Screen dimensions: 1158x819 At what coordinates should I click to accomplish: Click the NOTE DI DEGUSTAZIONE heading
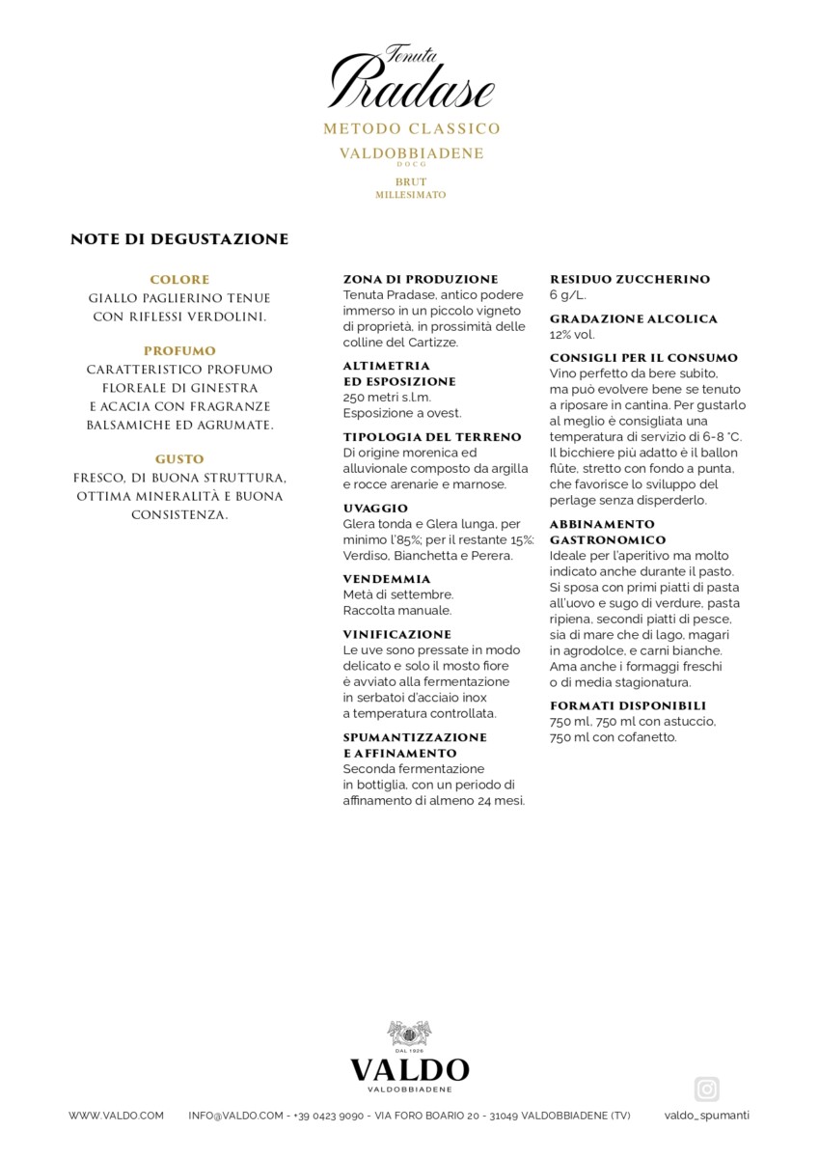click(x=179, y=239)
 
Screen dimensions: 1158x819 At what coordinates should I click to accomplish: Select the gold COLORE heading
click(x=179, y=280)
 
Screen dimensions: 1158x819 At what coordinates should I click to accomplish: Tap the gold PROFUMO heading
click(x=179, y=351)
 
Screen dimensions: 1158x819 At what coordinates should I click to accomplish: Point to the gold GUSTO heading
click(x=179, y=459)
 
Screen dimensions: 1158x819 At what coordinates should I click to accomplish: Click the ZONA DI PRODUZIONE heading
click(x=421, y=279)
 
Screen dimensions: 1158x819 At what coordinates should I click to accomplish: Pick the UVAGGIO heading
click(x=375, y=508)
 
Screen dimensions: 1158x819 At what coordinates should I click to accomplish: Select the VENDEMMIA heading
click(x=387, y=579)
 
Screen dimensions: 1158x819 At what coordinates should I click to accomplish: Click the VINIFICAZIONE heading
click(x=397, y=635)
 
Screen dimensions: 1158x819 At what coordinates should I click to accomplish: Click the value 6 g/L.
click(x=567, y=295)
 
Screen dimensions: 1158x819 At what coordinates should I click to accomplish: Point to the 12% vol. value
click(x=572, y=335)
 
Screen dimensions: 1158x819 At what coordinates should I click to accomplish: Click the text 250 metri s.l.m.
click(x=387, y=398)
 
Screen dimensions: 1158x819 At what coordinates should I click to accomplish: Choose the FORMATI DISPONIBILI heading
click(x=628, y=705)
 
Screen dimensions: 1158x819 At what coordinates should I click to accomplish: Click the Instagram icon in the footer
click(x=707, y=1089)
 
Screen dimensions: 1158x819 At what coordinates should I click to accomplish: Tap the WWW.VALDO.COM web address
click(x=116, y=1116)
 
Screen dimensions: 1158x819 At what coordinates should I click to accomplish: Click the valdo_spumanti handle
click(x=707, y=1116)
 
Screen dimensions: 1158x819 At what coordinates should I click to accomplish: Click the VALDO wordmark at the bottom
click(x=409, y=1070)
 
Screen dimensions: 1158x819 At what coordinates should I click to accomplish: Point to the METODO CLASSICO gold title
click(x=411, y=128)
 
